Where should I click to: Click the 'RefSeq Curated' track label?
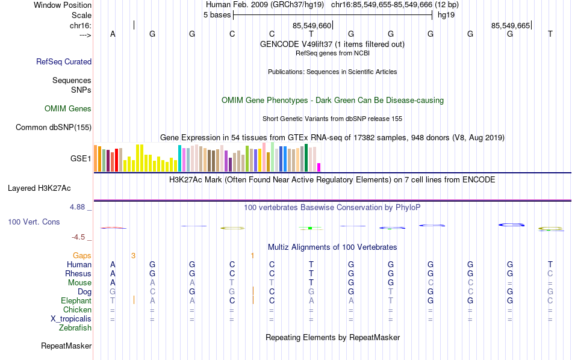[x=64, y=61]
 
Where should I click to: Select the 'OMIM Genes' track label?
[x=68, y=109]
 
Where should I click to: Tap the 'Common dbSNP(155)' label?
[x=54, y=127]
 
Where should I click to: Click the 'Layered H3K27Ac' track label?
[x=50, y=188]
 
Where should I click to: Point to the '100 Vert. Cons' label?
[x=34, y=222]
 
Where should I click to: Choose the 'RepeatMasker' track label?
[x=66, y=346]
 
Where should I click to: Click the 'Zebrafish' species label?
[x=75, y=328]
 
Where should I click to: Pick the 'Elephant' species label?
[x=76, y=300]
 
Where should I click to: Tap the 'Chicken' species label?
[x=77, y=309]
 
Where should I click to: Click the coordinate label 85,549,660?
[x=312, y=26]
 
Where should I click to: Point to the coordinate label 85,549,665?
[x=511, y=26]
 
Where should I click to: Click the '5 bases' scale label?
[x=217, y=15]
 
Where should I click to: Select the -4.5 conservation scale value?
[x=81, y=237]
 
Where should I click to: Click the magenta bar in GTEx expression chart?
[x=319, y=167]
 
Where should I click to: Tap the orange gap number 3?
[x=133, y=255]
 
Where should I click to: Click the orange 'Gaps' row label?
[x=82, y=255]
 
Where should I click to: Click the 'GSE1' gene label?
[x=81, y=159]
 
